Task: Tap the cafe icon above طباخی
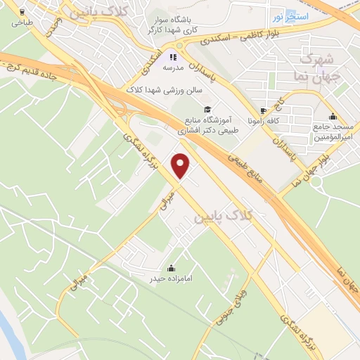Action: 22,13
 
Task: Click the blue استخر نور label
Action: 289,15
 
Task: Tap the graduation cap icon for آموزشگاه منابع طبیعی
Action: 207,109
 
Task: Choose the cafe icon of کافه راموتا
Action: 264,110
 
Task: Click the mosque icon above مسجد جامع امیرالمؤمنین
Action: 332,116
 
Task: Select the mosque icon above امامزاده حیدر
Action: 171,268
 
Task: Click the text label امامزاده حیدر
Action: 170,279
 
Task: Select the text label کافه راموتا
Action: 264,121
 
